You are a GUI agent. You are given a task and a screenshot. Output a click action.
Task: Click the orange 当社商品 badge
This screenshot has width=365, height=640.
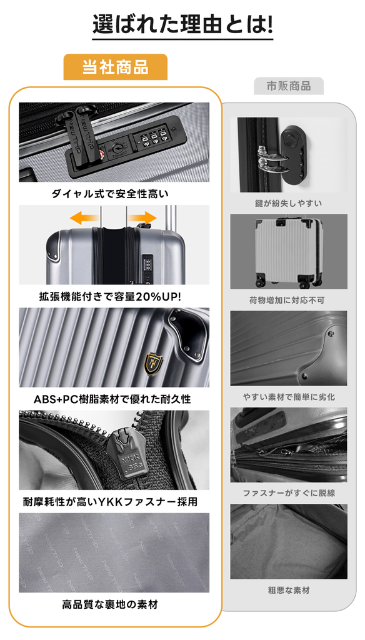(x=115, y=67)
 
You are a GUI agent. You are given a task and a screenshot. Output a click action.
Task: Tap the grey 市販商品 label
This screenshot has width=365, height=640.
(x=289, y=86)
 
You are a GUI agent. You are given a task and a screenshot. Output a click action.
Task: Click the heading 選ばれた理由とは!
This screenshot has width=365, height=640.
(x=182, y=25)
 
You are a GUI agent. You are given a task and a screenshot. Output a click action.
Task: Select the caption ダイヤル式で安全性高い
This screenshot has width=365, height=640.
(x=110, y=194)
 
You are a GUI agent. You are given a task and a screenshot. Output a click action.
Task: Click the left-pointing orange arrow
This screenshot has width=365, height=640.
(x=84, y=217)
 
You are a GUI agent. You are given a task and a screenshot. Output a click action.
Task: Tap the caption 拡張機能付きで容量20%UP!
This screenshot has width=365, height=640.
(x=110, y=296)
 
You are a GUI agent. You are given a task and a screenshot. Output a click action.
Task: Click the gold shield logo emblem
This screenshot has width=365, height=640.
(x=154, y=364)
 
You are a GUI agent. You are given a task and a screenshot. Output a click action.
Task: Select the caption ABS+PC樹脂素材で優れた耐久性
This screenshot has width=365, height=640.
(x=112, y=399)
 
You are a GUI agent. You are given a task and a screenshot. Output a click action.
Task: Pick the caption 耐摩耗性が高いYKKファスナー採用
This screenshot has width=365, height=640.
(x=110, y=502)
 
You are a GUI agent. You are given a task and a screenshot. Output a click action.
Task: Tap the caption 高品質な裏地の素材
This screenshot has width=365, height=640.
(x=110, y=604)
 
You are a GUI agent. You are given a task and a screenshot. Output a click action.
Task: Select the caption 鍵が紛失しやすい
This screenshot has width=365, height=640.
(x=289, y=203)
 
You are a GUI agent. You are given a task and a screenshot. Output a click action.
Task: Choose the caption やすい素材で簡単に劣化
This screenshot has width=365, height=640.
(x=289, y=397)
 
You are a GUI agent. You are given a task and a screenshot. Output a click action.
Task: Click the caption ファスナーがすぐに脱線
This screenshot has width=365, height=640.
(x=289, y=493)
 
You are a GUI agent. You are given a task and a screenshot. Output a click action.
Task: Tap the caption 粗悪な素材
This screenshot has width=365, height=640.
(x=289, y=590)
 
